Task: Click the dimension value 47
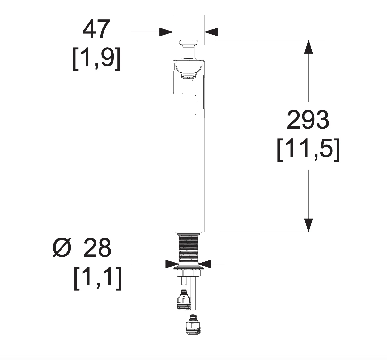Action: pos(96,29)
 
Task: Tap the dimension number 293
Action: pos(308,119)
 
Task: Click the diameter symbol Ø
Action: pos(62,248)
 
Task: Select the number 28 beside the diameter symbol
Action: pos(97,248)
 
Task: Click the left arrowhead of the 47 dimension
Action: pos(166,32)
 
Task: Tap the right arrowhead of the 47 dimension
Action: pos(211,32)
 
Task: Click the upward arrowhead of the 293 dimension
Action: pos(308,47)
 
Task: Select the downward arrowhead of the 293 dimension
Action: pos(308,225)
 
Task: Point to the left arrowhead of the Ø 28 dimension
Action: pos(172,264)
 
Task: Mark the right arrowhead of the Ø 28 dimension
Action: pos(204,264)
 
